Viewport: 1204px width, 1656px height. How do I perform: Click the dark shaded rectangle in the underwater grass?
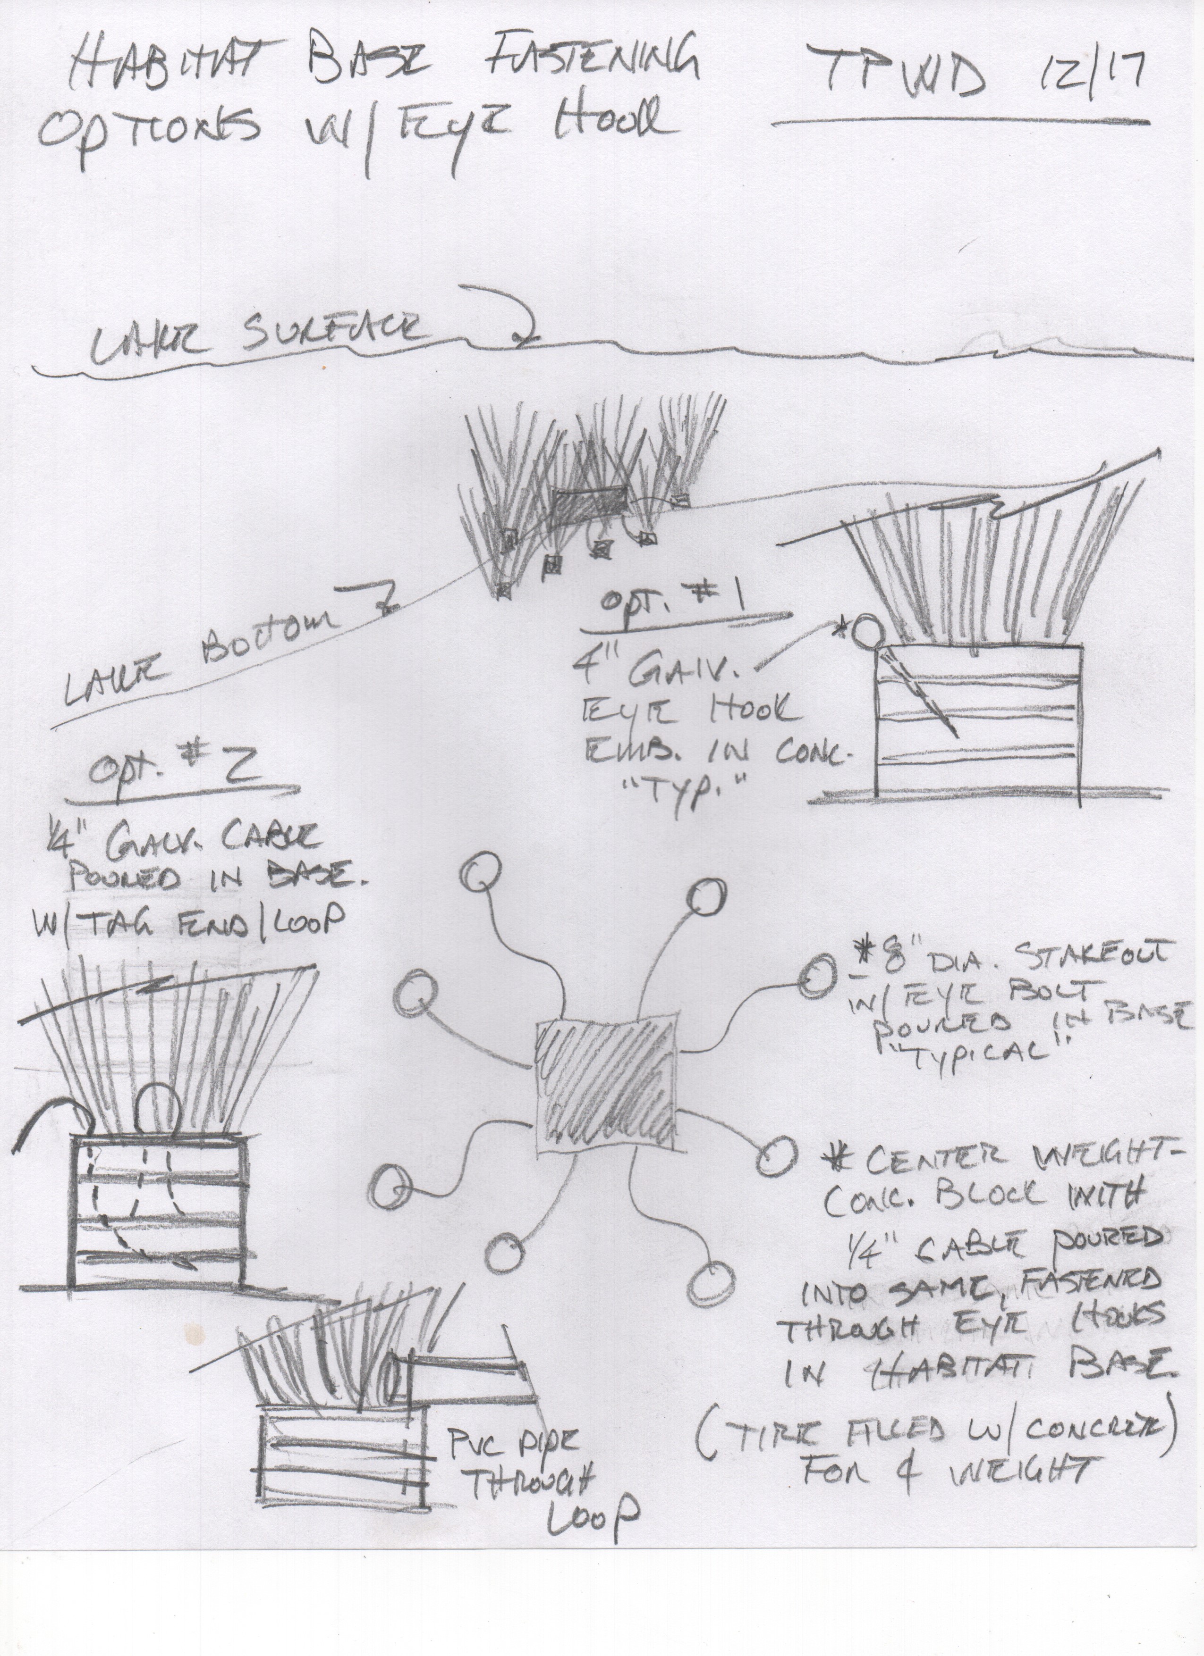590,504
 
